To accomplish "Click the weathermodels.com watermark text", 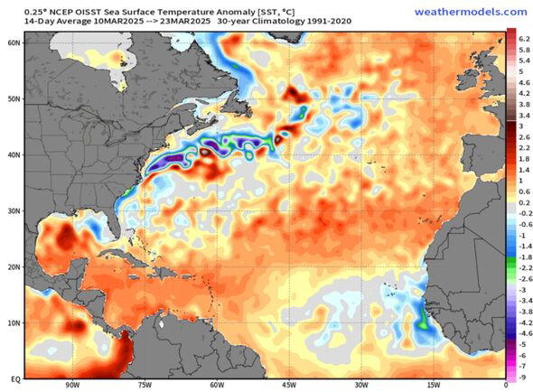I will [x=471, y=12].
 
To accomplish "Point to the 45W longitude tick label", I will [x=287, y=385].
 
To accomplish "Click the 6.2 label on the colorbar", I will [x=523, y=39].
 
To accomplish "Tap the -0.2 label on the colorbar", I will [x=523, y=213].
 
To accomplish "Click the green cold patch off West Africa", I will [x=422, y=317].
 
